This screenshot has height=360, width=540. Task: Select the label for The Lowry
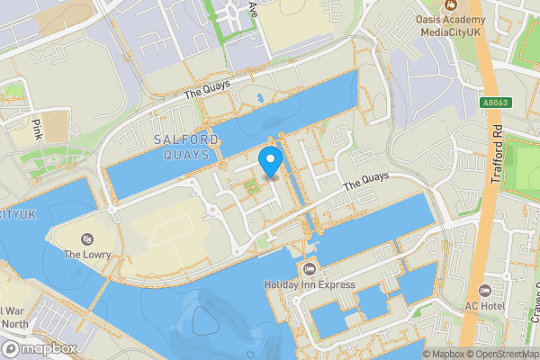pos(86,255)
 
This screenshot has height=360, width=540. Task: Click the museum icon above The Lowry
pos(86,238)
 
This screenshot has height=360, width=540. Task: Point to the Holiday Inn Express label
pos(310,285)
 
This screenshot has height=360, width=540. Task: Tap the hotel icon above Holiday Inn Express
pos(310,270)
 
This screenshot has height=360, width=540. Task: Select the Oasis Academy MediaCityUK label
pos(463,26)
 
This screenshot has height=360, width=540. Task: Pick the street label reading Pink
pos(37,128)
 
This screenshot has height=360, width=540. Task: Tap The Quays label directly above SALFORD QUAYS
pos(207,88)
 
